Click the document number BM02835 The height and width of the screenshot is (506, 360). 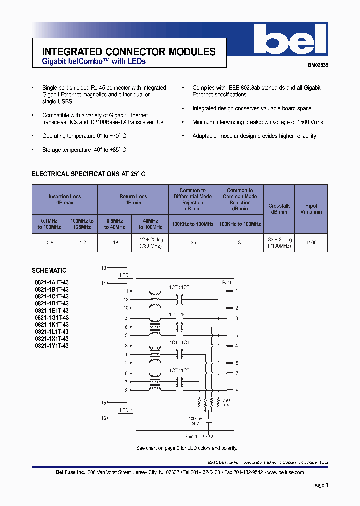(x=318, y=65)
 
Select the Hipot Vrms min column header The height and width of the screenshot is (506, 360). (x=311, y=209)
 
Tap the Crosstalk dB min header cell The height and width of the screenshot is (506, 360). (x=279, y=209)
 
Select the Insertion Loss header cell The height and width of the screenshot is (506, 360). (x=65, y=199)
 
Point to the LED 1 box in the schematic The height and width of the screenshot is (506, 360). (x=125, y=275)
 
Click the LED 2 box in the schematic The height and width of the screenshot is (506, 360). (x=125, y=410)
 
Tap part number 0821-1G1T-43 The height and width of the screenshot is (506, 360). (x=52, y=318)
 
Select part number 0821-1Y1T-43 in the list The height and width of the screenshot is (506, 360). (x=52, y=346)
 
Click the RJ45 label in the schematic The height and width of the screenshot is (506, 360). (x=227, y=283)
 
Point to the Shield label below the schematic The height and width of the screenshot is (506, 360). (x=191, y=436)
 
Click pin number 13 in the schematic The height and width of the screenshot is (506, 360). (x=104, y=268)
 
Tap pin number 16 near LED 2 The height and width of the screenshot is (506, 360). (x=104, y=418)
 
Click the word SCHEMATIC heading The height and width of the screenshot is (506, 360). (x=49, y=270)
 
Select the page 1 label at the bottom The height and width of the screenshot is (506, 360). (x=320, y=485)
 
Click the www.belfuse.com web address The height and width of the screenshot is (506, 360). (x=285, y=472)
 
